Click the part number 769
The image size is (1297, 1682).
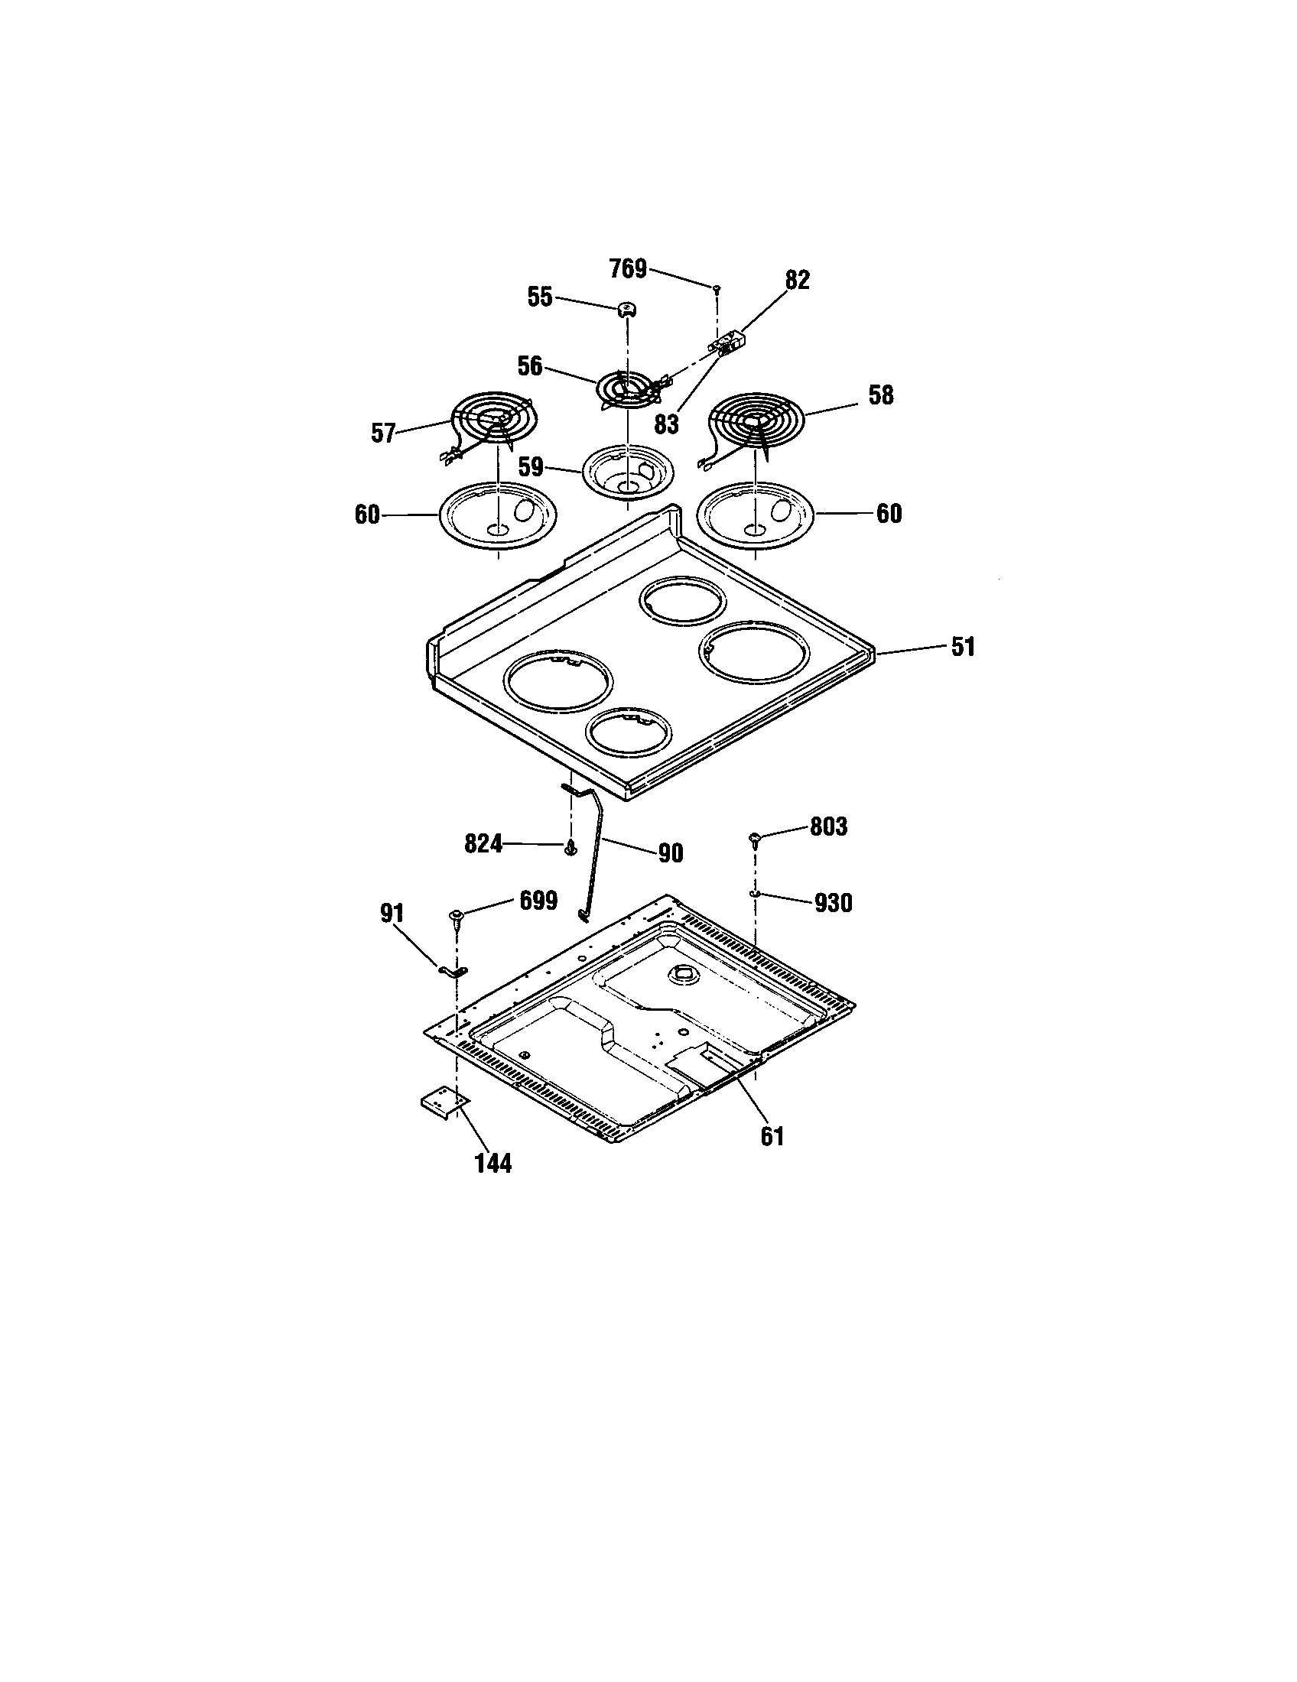pyautogui.click(x=628, y=270)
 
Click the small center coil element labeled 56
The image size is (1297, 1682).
pyautogui.click(x=628, y=389)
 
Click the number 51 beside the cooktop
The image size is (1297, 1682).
pyautogui.click(x=963, y=647)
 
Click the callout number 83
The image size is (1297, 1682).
pyautogui.click(x=666, y=424)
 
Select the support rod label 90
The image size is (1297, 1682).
pyautogui.click(x=671, y=853)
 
